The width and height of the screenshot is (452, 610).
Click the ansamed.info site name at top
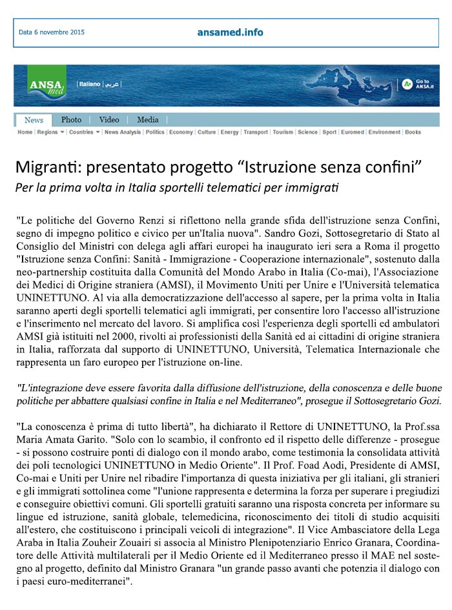click(x=231, y=32)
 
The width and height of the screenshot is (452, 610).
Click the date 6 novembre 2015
click(x=52, y=32)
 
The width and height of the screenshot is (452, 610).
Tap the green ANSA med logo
click(x=47, y=86)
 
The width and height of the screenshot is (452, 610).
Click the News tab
click(x=34, y=120)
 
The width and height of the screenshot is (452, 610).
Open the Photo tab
click(x=71, y=120)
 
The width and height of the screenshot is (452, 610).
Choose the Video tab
click(x=109, y=120)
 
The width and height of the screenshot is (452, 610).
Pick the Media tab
click(x=148, y=120)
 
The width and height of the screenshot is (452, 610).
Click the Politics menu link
click(x=155, y=132)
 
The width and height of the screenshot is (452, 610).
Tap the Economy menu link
click(x=181, y=132)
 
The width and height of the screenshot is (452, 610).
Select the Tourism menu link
click(x=283, y=132)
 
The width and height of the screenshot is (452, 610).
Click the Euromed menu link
click(x=352, y=132)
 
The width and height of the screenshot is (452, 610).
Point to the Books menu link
click(x=413, y=132)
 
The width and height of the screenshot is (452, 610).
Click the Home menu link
click(x=25, y=132)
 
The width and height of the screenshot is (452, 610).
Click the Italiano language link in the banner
click(x=89, y=85)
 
